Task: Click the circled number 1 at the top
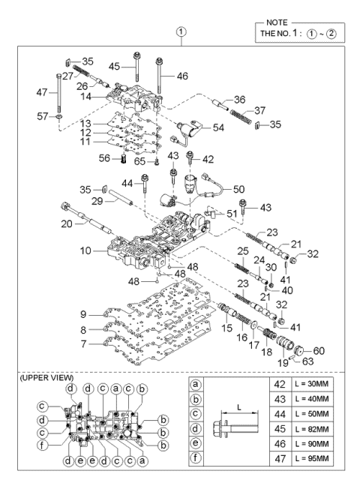click(x=180, y=32)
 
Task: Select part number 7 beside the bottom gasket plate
click(x=85, y=344)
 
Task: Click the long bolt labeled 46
click(x=160, y=78)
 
